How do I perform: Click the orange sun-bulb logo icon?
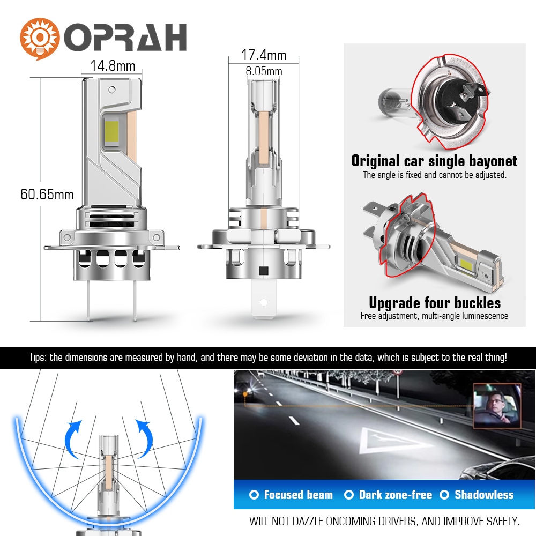point(39,39)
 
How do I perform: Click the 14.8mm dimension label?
point(113,66)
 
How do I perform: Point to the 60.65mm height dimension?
point(47,195)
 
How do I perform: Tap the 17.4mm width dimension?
point(264,55)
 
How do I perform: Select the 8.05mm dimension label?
point(264,71)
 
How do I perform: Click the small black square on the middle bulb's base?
point(264,271)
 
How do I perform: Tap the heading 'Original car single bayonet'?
point(434,161)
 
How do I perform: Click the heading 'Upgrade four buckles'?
point(435,303)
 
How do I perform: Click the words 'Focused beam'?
point(298,495)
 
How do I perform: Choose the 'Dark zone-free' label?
point(396,495)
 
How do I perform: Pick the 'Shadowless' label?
point(484,495)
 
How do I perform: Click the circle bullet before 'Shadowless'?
point(444,495)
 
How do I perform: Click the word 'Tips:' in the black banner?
point(38,358)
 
